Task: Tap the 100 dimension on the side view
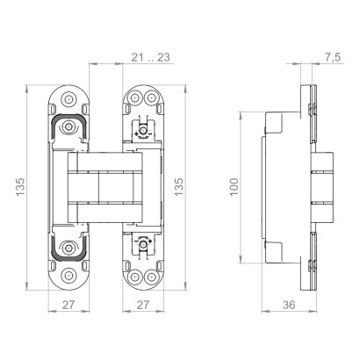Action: pos(234,189)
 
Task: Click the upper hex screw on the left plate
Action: pos(68,128)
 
